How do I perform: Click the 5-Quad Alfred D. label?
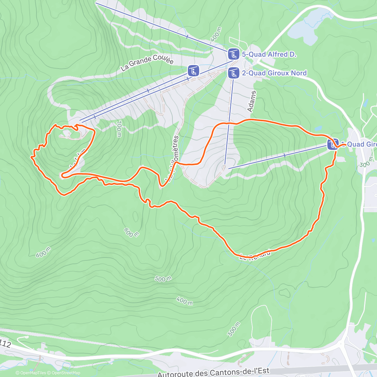tap(269, 54)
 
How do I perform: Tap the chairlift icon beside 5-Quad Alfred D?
tap(233, 54)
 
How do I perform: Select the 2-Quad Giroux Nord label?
tap(274, 73)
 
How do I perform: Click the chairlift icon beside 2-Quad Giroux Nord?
tap(233, 73)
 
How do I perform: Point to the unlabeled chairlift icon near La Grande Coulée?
tap(193, 71)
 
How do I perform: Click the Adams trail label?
tap(252, 101)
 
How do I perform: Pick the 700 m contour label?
tap(119, 129)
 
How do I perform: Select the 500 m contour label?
tap(163, 279)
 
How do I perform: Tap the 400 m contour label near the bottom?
tap(184, 301)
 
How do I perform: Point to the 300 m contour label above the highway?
tap(234, 329)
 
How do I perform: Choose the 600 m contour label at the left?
tap(43, 252)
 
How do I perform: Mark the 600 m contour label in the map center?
tap(131, 232)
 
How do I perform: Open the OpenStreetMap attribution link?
tap(66, 373)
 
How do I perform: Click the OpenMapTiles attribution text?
tap(33, 373)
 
